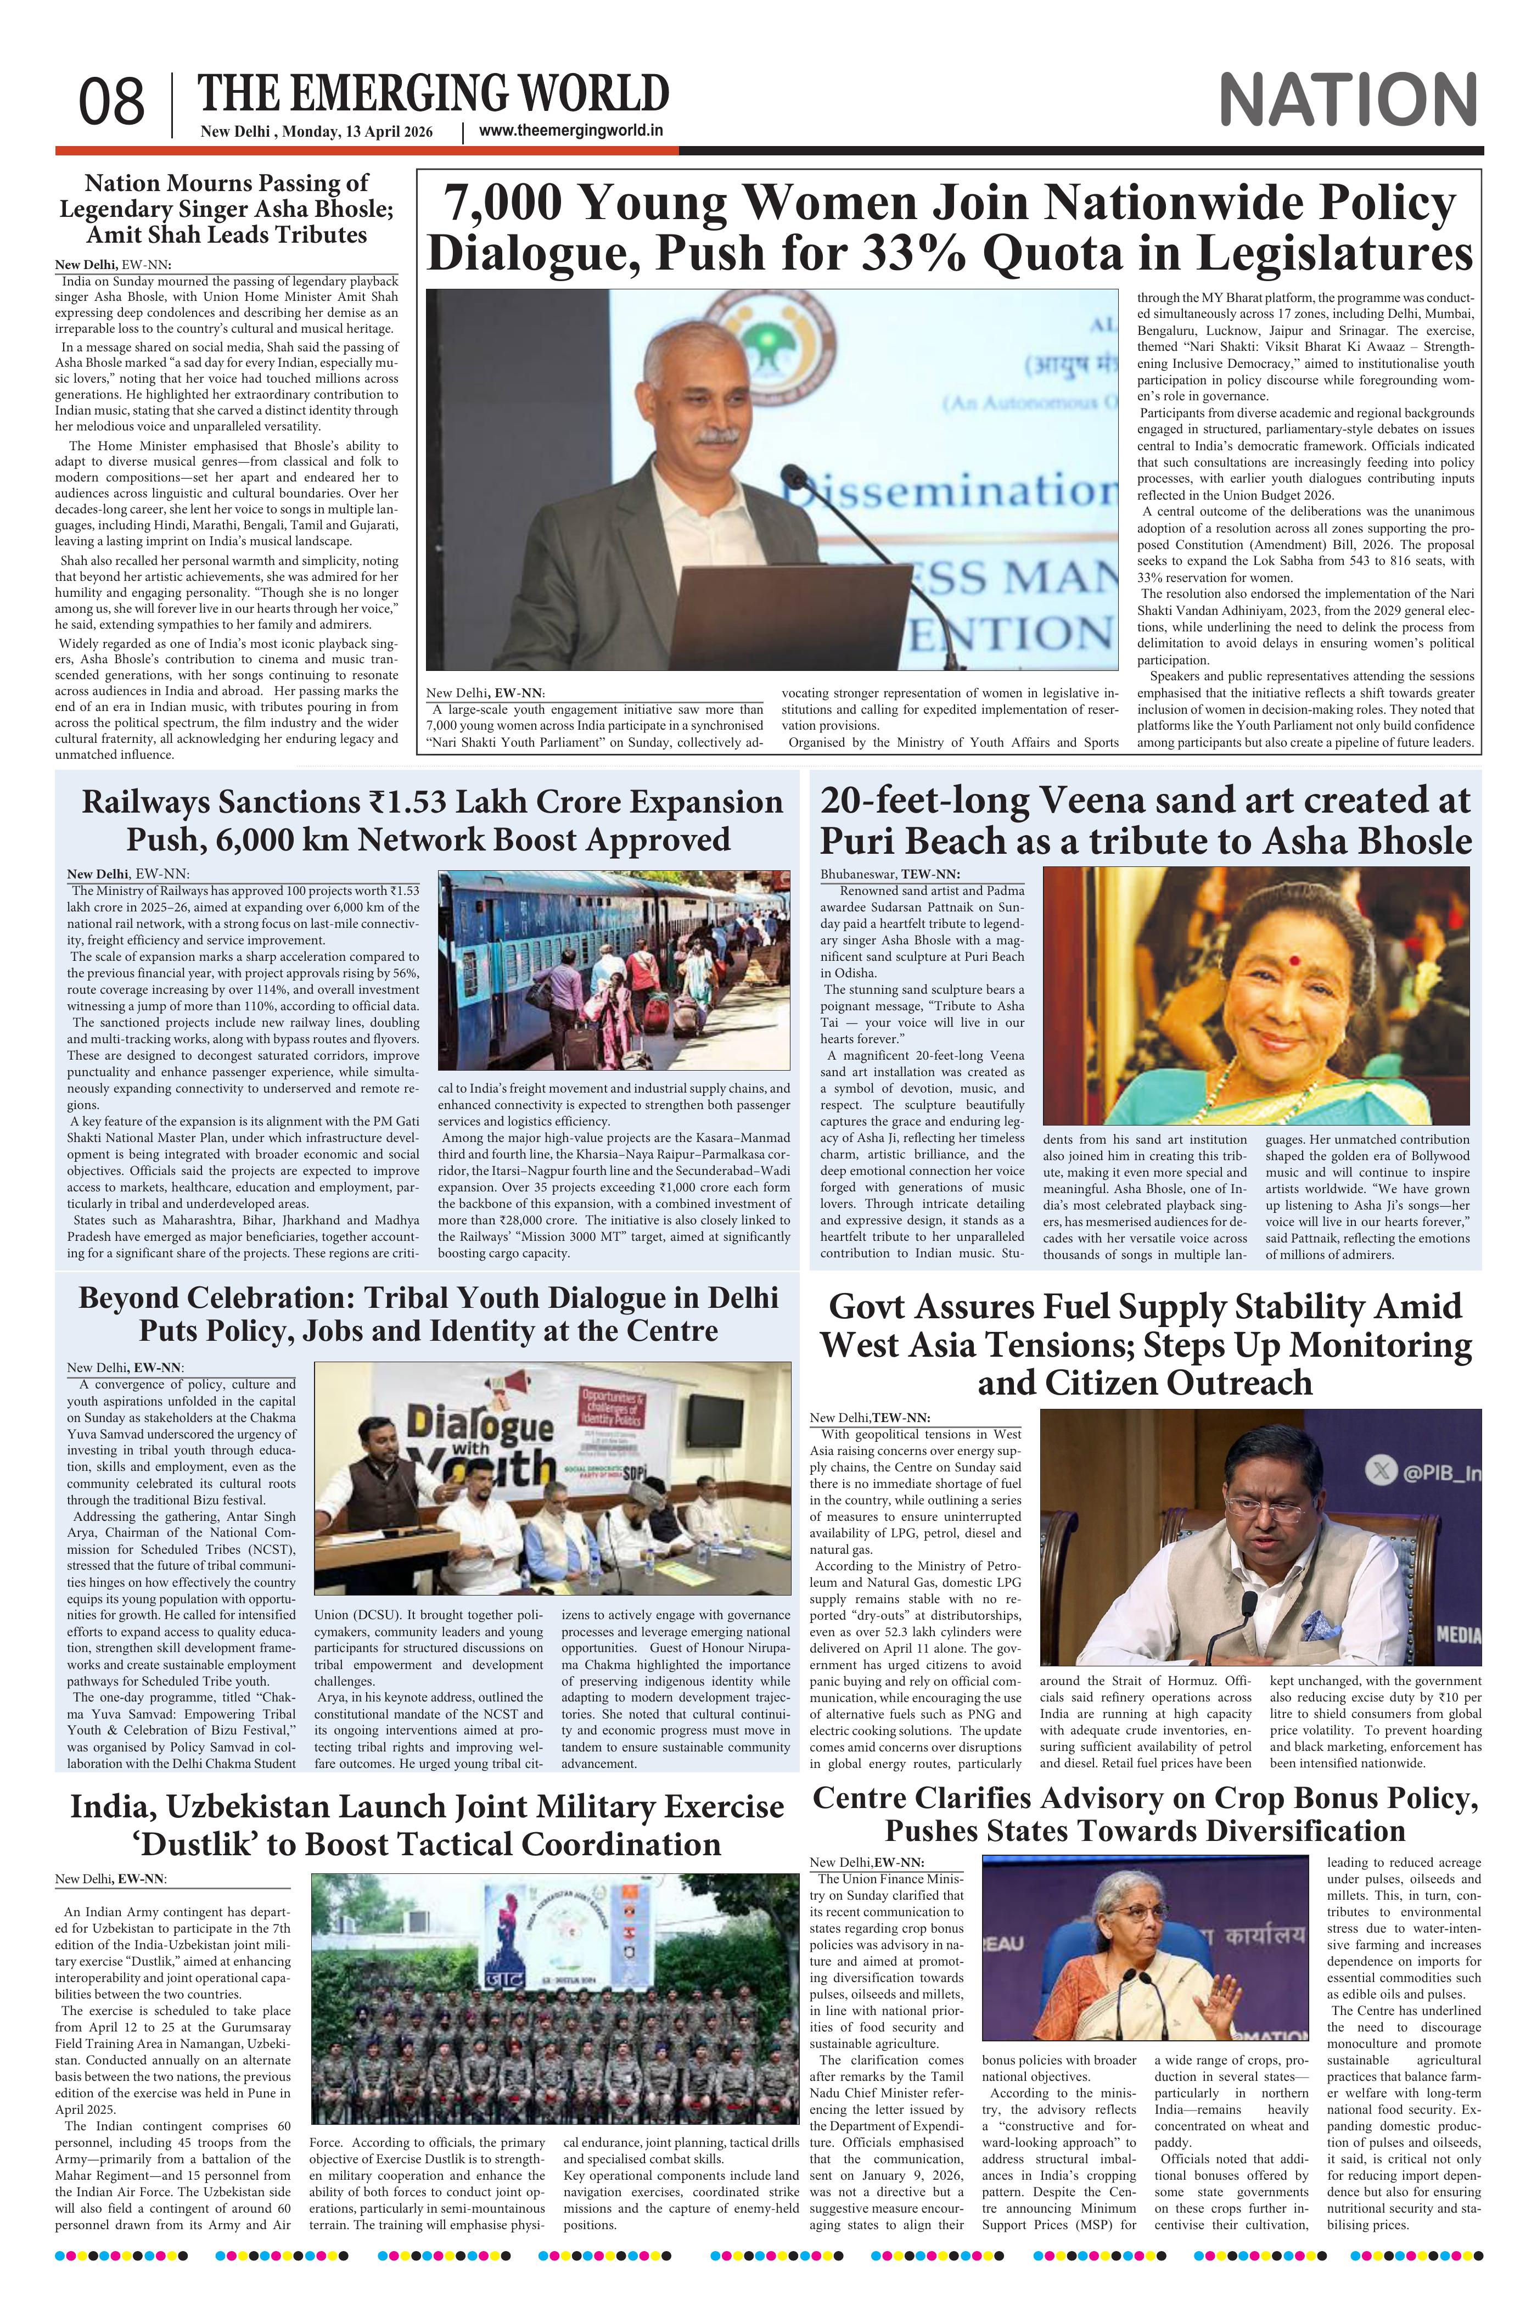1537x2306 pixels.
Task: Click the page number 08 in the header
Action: [x=112, y=102]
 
